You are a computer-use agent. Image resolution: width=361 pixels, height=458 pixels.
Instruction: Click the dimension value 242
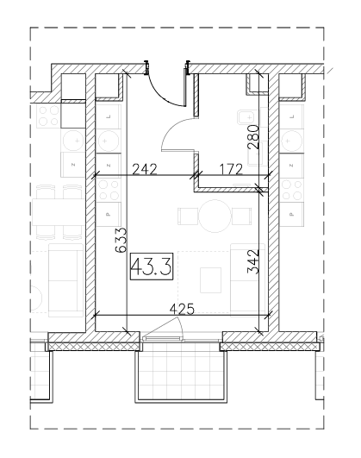tap(145, 169)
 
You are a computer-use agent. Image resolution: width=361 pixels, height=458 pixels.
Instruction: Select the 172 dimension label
tap(231, 169)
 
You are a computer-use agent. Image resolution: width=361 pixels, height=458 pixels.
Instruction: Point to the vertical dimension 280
tap(252, 137)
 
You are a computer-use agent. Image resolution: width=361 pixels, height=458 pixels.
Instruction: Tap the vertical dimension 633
tap(121, 240)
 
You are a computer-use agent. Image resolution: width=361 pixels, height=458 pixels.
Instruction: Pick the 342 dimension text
tap(253, 261)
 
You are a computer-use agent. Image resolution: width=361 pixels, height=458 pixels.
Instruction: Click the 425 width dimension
tap(182, 309)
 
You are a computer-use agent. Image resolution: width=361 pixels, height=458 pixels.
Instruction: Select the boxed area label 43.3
tap(152, 267)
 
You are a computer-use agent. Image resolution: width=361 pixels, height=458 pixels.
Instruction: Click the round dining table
tap(215, 216)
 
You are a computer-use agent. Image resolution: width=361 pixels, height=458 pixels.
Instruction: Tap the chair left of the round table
tap(188, 216)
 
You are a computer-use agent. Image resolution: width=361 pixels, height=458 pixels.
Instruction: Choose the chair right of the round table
tap(241, 216)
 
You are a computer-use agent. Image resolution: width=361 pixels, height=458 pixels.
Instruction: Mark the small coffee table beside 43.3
tap(210, 280)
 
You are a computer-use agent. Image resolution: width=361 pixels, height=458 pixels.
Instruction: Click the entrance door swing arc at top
tap(164, 92)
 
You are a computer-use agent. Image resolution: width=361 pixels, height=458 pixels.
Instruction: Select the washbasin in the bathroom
tap(245, 117)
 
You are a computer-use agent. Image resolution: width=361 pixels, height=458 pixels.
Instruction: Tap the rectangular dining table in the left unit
tap(58, 212)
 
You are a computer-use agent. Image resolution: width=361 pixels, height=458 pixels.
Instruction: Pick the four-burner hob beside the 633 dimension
tap(109, 190)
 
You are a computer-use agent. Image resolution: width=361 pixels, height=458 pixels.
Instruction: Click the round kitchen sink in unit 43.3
tap(109, 141)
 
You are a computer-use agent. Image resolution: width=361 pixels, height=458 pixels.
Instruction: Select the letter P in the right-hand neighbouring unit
tap(291, 215)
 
